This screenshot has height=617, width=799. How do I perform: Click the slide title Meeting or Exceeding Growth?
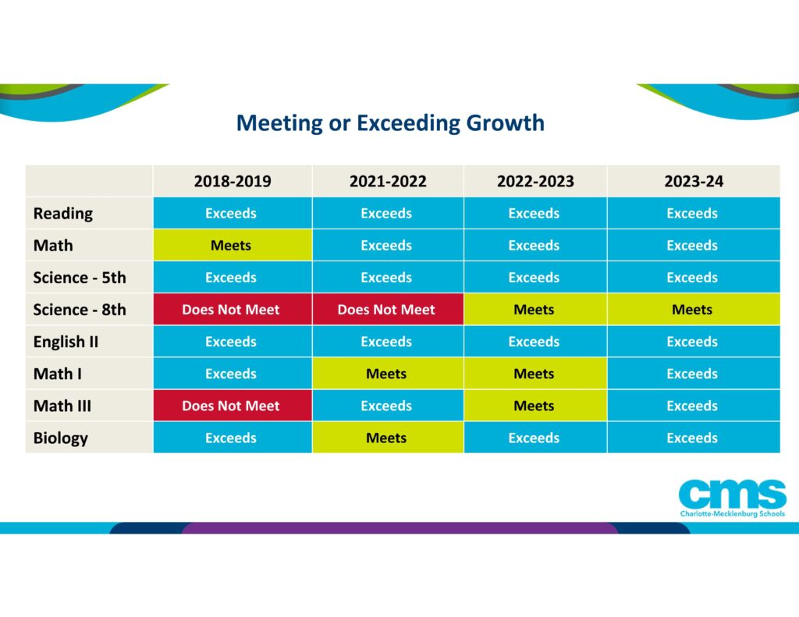pyautogui.click(x=390, y=123)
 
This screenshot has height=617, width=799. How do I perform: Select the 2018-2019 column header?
pyautogui.click(x=233, y=182)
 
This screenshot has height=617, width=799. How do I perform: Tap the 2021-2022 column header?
pyautogui.click(x=388, y=182)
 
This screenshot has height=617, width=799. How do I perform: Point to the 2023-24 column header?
pyautogui.click(x=693, y=182)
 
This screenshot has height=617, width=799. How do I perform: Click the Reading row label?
pyautogui.click(x=62, y=214)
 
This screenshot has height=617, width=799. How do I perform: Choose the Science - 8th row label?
pyautogui.click(x=79, y=310)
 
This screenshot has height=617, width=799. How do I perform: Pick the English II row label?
pyautogui.click(x=66, y=342)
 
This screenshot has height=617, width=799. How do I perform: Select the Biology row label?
pyautogui.click(x=60, y=438)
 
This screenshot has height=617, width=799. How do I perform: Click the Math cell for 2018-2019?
pyautogui.click(x=231, y=246)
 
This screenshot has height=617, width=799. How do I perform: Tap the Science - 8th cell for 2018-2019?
pyautogui.click(x=231, y=310)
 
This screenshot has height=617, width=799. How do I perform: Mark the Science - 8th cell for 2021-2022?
pyautogui.click(x=386, y=310)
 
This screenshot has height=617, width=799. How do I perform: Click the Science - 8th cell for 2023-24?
pyautogui.click(x=692, y=310)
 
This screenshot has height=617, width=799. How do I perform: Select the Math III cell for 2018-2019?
pyautogui.click(x=231, y=406)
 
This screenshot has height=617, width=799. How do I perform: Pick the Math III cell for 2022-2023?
pyautogui.click(x=534, y=406)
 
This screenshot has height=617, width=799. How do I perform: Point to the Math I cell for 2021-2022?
pyautogui.click(x=386, y=374)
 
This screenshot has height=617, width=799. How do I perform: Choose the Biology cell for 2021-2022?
pyautogui.click(x=386, y=438)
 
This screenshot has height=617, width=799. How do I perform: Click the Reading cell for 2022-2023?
pyautogui.click(x=534, y=214)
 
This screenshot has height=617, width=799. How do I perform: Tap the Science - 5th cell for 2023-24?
pyautogui.click(x=692, y=278)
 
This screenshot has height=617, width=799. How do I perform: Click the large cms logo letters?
pyautogui.click(x=731, y=494)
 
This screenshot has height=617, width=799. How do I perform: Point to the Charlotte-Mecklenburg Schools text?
pyautogui.click(x=731, y=514)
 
